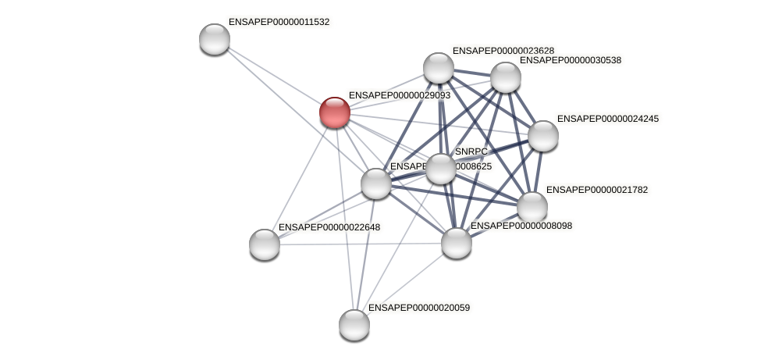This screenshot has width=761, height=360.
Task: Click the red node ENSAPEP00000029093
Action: pyautogui.click(x=335, y=112)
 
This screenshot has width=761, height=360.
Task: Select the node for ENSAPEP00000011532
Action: pyautogui.click(x=215, y=39)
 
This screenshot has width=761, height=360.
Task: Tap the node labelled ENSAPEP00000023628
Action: pyautogui.click(x=439, y=68)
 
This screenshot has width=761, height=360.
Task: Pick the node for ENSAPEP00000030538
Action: pyautogui.click(x=506, y=77)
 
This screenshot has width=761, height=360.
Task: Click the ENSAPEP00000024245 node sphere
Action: pyautogui.click(x=543, y=136)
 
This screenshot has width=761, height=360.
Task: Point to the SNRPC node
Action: pyautogui.click(x=441, y=169)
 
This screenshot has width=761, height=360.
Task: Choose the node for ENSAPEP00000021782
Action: pyautogui.click(x=532, y=207)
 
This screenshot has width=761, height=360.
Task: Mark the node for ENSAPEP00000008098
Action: pyautogui.click(x=457, y=243)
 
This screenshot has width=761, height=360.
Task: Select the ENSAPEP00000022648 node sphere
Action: pyautogui.click(x=265, y=244)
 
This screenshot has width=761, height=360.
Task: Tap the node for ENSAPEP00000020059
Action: pyautogui.click(x=354, y=325)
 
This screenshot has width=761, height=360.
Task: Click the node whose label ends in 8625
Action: pyautogui.click(x=376, y=184)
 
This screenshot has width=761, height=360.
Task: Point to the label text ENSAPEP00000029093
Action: pyautogui.click(x=399, y=95)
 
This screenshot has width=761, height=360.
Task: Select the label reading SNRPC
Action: pyautogui.click(x=471, y=151)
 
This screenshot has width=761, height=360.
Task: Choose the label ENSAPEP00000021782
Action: pyautogui.click(x=596, y=190)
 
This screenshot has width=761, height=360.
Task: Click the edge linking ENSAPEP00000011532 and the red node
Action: pyautogui.click(x=275, y=76)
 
